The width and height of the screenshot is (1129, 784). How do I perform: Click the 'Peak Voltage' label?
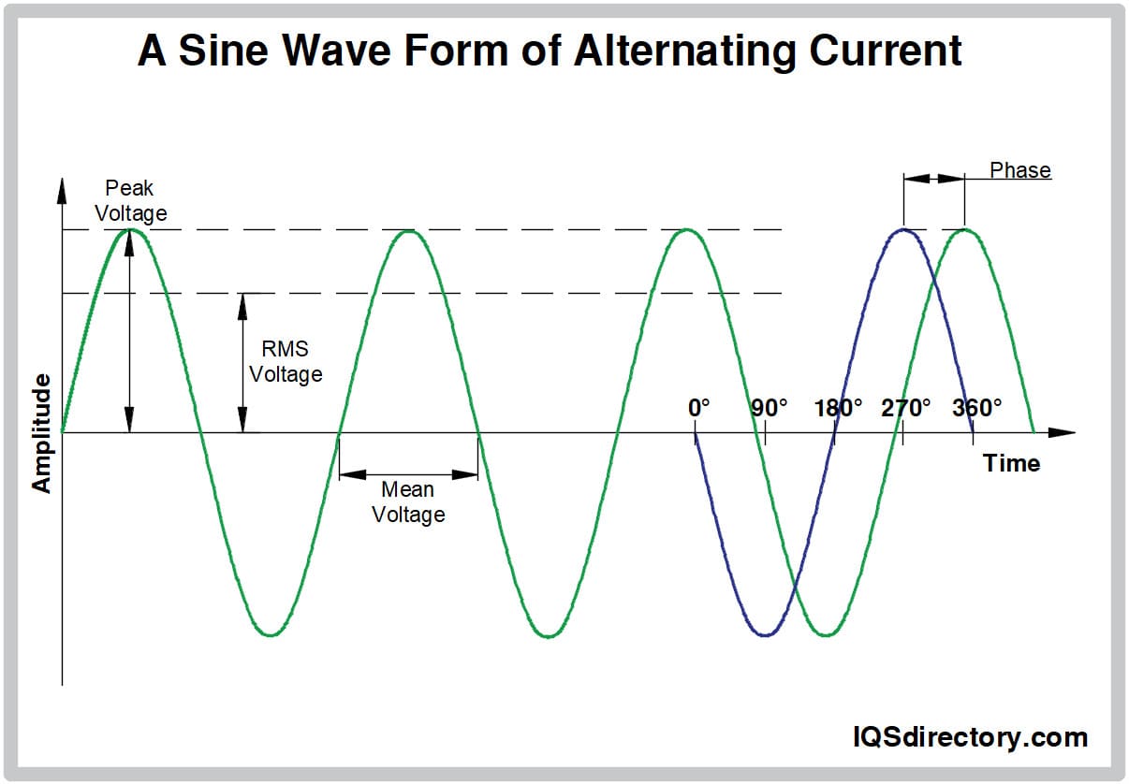click(130, 201)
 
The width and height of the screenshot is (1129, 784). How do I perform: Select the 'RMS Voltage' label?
click(286, 362)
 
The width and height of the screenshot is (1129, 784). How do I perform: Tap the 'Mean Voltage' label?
click(408, 502)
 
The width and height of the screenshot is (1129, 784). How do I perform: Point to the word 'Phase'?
click(1020, 170)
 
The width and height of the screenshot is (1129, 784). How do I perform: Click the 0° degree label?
click(698, 409)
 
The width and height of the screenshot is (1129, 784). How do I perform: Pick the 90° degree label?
click(770, 409)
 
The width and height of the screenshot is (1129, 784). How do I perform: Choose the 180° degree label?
click(838, 409)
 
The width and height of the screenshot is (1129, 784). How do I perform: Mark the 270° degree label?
click(906, 409)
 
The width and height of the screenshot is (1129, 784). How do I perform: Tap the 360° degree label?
click(977, 409)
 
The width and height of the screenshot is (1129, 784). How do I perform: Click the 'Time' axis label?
click(1011, 463)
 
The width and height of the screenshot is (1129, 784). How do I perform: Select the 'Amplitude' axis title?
click(41, 432)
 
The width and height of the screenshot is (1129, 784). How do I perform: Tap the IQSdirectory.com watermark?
click(969, 737)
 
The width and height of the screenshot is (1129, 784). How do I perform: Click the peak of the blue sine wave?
click(903, 229)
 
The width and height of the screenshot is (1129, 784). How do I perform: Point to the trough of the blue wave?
click(766, 635)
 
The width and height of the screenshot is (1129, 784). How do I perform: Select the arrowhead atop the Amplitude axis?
click(62, 190)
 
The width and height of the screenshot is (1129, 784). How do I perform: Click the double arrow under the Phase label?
click(933, 179)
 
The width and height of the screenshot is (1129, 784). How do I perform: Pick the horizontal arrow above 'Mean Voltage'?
click(408, 474)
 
